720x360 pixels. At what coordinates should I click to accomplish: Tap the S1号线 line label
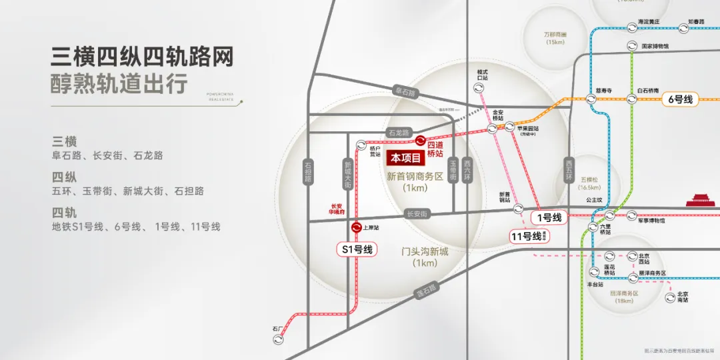[x=357, y=250]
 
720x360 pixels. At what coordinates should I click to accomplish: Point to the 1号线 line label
[x=549, y=217]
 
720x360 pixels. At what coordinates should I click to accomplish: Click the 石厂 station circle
[x=279, y=339]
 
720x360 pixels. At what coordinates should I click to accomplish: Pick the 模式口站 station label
[x=483, y=75]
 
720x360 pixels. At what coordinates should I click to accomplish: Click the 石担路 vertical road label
[x=308, y=171]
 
